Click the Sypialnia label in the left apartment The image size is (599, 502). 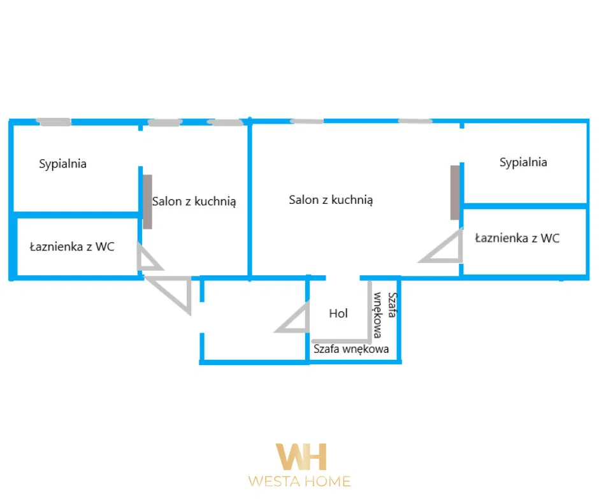pyautogui.click(x=62, y=164)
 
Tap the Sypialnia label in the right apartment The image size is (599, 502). pyautogui.click(x=523, y=162)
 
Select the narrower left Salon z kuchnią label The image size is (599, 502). pyautogui.click(x=194, y=201)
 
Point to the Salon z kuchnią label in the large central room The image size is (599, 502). pyautogui.click(x=331, y=200)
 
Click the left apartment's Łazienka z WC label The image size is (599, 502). pyautogui.click(x=72, y=247)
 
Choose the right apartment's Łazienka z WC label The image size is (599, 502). pyautogui.click(x=517, y=238)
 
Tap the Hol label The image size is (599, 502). pyautogui.click(x=338, y=313)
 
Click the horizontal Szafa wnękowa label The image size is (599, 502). pyautogui.click(x=351, y=349)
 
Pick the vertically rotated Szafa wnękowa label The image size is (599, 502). pyautogui.click(x=385, y=314)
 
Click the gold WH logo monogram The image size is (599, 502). pyautogui.click(x=300, y=457)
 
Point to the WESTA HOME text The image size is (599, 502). pyautogui.click(x=299, y=482)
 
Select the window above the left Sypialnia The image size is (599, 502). pyautogui.click(x=53, y=121)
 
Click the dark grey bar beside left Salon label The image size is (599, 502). pyautogui.click(x=147, y=201)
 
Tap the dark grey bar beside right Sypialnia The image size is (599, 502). pyautogui.click(x=455, y=192)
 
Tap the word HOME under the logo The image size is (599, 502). pyautogui.click(x=326, y=482)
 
